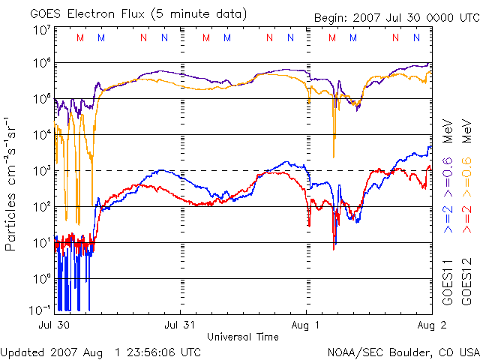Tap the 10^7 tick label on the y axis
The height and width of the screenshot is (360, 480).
[x=40, y=30]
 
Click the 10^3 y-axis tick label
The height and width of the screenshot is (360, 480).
[x=40, y=170]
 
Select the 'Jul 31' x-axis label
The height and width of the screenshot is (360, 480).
[x=181, y=325]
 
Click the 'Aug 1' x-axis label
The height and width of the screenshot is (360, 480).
[x=307, y=325]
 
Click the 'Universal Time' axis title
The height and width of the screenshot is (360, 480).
[x=242, y=337]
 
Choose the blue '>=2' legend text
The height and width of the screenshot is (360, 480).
[x=448, y=218]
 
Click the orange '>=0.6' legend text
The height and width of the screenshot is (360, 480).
[x=466, y=172]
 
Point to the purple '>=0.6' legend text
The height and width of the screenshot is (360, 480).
[x=448, y=172]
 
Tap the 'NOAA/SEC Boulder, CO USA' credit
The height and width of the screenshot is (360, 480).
[x=403, y=351]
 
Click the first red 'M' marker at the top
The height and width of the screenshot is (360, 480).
[x=80, y=37]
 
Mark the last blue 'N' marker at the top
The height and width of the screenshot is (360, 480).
[x=416, y=37]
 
